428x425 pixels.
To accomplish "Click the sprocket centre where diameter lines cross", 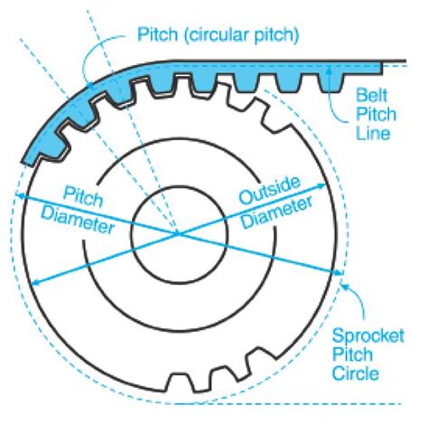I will [x=178, y=233].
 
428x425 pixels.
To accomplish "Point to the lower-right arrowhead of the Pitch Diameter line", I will [x=340, y=275].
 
